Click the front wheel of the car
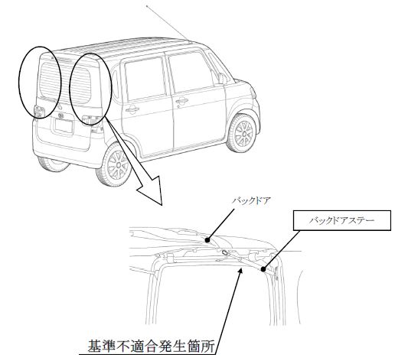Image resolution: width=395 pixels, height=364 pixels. pyautogui.click(x=242, y=133)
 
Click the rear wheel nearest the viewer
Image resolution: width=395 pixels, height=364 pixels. pyautogui.click(x=116, y=164)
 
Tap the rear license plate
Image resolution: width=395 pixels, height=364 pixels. pyautogui.click(x=64, y=125)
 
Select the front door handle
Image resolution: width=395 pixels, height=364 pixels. pyautogui.click(x=181, y=101)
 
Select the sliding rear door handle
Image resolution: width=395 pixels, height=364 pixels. pyautogui.click(x=132, y=109)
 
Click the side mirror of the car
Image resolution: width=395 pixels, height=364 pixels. pyautogui.click(x=223, y=78)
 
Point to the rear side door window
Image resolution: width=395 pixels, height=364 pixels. pyautogui.click(x=145, y=79)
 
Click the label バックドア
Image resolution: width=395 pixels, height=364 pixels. pyautogui.click(x=251, y=201)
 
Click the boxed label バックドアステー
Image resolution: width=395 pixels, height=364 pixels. pyautogui.click(x=342, y=220)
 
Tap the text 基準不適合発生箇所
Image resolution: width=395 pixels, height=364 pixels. pyautogui.click(x=151, y=346)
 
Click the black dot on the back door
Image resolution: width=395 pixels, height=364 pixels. pyautogui.click(x=207, y=240)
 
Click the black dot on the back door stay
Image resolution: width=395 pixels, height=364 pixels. pyautogui.click(x=263, y=269)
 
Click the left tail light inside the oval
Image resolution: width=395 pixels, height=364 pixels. pyautogui.click(x=39, y=112)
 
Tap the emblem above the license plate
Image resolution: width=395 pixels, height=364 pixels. pyautogui.click(x=61, y=116)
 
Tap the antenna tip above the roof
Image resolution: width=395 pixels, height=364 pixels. pyautogui.click(x=147, y=5)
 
